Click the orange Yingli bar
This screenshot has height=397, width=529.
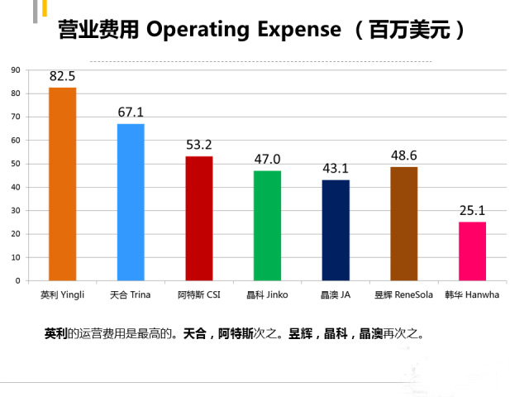62,184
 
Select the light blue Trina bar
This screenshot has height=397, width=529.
131,202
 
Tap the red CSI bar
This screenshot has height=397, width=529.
198,218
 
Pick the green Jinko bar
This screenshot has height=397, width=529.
267,226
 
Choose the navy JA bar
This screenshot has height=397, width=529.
336,230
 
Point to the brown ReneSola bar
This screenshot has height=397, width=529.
403,223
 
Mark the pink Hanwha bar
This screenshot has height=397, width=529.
472,251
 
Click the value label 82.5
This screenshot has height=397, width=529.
62,77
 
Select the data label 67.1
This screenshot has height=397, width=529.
131,112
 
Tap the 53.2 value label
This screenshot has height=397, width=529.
199,146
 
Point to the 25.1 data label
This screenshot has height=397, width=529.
472,211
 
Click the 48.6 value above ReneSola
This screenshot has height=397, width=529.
404,155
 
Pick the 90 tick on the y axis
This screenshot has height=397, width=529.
16,70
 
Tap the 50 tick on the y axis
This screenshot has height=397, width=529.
16,164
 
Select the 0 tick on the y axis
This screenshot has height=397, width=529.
18,280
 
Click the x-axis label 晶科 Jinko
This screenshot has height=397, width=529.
267,294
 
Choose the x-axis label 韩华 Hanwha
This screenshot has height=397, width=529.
472,294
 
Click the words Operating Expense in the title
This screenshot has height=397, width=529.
243,30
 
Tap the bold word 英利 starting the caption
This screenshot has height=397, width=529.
55,335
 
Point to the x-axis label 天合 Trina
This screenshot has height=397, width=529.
131,294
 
